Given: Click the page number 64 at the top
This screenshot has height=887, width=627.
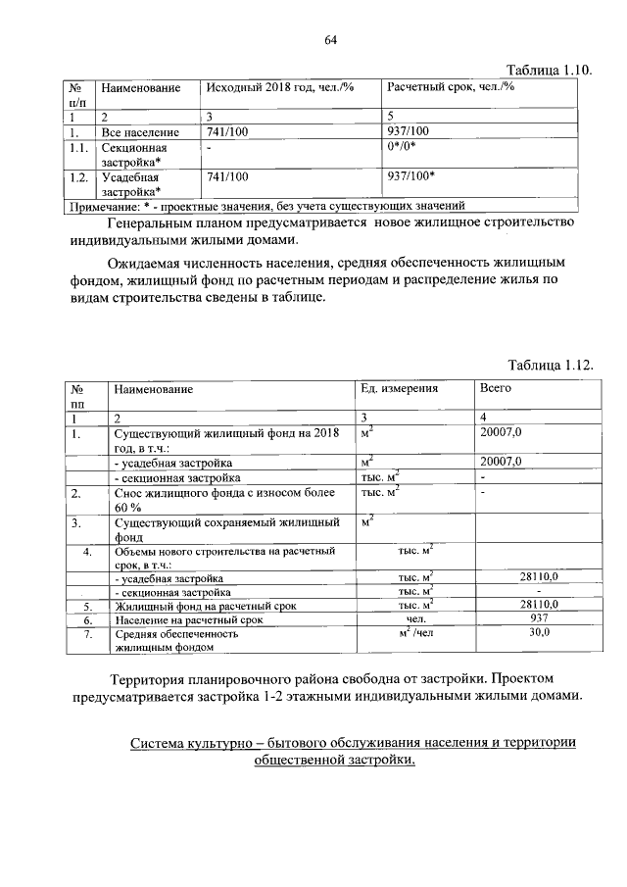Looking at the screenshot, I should (x=330, y=40).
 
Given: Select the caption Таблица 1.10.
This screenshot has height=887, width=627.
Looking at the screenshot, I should (x=550, y=70).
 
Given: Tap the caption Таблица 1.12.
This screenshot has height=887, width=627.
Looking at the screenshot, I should (x=550, y=365).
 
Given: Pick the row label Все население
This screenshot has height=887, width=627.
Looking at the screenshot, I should (x=139, y=131).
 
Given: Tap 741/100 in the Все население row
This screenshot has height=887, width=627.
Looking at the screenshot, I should (x=228, y=131).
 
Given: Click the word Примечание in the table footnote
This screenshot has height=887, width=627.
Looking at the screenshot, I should (x=102, y=206).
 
